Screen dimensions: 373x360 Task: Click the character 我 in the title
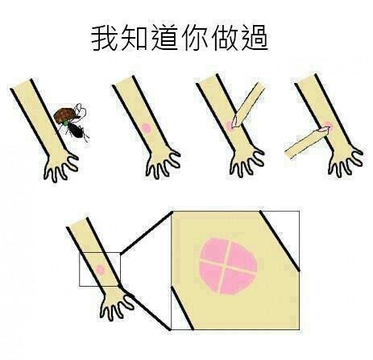tap(105, 38)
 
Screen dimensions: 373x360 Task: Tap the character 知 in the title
tap(134, 38)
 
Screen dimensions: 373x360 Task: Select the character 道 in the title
tap(164, 38)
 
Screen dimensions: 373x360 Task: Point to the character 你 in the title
tap(194, 38)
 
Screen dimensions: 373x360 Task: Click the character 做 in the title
tap(225, 38)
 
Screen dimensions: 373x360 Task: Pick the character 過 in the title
tap(255, 38)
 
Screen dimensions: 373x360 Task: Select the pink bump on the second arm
tap(146, 128)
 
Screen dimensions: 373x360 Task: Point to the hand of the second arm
tap(162, 163)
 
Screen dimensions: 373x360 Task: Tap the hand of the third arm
tap(247, 162)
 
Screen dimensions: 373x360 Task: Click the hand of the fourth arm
tap(345, 162)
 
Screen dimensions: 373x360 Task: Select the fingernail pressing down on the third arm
tap(235, 122)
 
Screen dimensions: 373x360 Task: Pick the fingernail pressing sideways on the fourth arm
tap(323, 130)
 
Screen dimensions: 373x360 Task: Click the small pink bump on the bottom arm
tap(100, 269)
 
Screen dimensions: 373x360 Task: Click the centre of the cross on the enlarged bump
tap(225, 265)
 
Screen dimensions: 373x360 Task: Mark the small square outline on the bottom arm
tap(100, 269)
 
